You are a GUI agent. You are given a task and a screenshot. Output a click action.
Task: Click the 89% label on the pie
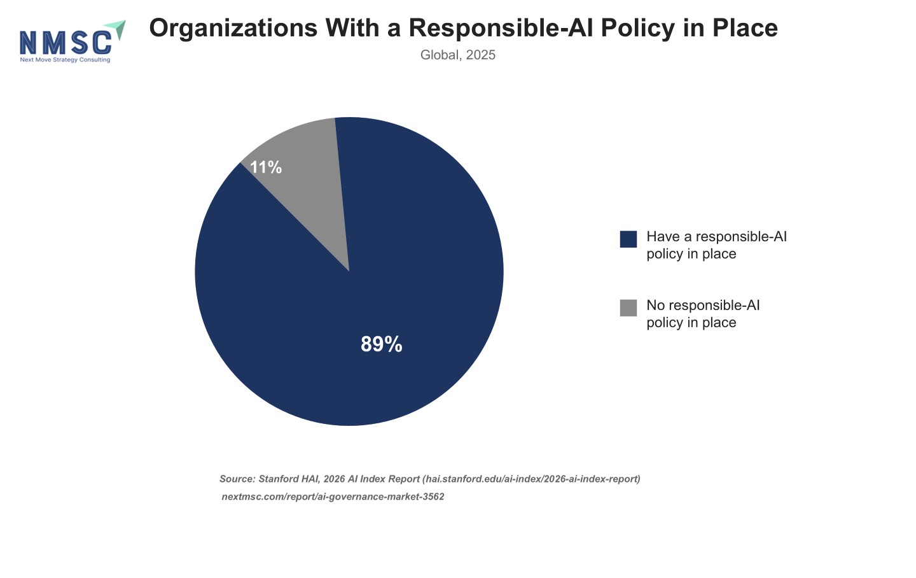pos(382,344)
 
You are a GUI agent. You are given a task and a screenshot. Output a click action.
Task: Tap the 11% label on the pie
pos(266,167)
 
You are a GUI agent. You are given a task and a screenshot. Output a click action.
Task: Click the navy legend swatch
pos(628,239)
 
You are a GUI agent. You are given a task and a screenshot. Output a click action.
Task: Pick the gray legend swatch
pos(628,308)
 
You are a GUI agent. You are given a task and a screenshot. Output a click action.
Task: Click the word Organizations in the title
pos(233,28)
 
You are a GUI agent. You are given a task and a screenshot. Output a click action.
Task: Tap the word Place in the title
pos(745,28)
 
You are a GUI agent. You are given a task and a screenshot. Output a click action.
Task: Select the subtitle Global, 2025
pos(457,55)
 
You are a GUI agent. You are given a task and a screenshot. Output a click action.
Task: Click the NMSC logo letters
pos(66,43)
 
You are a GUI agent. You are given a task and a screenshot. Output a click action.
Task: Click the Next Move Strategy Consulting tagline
pos(65,60)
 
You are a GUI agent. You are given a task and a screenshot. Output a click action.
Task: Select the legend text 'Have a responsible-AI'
pos(716,237)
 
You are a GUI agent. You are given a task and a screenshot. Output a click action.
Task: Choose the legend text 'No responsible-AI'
pos(703,306)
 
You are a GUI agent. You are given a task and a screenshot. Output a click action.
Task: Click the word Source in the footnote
pos(237,479)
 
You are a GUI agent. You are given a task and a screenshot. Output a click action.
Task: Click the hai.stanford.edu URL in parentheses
pos(531,479)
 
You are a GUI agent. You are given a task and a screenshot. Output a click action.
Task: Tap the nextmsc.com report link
pos(333,497)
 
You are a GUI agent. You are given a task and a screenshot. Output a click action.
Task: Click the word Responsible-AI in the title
pos(501,28)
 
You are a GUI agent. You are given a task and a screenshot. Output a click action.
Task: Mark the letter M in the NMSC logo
pos(53,43)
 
